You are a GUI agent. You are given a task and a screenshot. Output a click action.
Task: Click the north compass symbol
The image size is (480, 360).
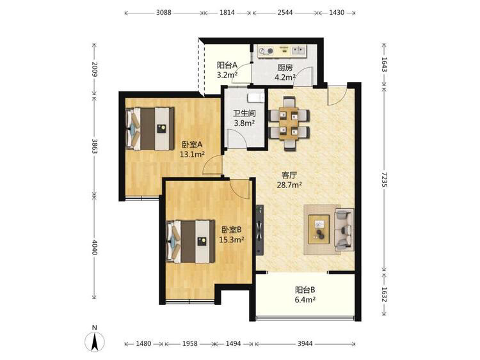coord(95,339)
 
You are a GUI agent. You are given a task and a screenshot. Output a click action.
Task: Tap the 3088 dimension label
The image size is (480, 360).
coord(164,13)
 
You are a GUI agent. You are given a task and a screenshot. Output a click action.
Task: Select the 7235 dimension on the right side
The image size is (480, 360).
coord(385,180)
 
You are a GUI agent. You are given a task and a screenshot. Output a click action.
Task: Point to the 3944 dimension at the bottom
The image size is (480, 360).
coord(305,344)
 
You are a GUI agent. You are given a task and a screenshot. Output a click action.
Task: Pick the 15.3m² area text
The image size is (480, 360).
coord(232,240)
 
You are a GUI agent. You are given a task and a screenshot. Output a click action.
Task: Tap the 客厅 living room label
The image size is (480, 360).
coord(289,175)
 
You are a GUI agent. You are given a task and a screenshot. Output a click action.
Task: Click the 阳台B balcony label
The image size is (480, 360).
coord(305,290)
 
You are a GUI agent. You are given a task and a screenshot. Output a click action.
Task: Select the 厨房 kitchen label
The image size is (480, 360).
coord(285,68)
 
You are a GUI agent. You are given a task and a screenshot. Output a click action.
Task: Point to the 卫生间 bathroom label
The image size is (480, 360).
coord(244,113)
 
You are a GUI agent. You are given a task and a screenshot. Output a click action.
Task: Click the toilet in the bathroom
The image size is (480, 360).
coord(255,97)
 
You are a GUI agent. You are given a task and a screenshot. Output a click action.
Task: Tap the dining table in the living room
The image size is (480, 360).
coord(289,123)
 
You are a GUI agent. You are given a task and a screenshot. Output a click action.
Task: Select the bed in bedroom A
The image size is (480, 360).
coord(150,129)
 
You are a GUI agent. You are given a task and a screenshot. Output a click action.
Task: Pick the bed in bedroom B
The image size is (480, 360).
coord(190,241)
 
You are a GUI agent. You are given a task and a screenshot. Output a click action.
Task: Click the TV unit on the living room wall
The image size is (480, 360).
coord(260,230)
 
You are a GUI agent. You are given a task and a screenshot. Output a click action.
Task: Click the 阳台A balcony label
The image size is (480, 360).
coord(227,65)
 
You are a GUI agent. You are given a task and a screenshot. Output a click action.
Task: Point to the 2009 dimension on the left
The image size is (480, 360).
coord(95,70)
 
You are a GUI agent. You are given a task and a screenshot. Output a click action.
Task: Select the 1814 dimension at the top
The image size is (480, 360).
coord(227,13)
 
